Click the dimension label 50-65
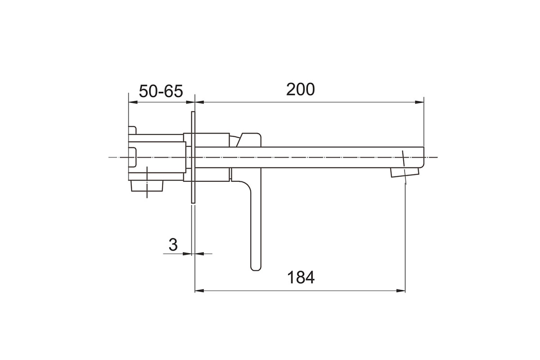[161, 91]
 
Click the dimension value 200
[301, 89]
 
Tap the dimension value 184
[301, 277]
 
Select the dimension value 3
[173, 245]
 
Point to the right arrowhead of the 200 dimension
[419, 102]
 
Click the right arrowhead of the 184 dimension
[401, 291]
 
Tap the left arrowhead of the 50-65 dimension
[133, 102]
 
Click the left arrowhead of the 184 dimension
[199, 291]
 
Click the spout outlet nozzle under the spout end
[405, 172]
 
